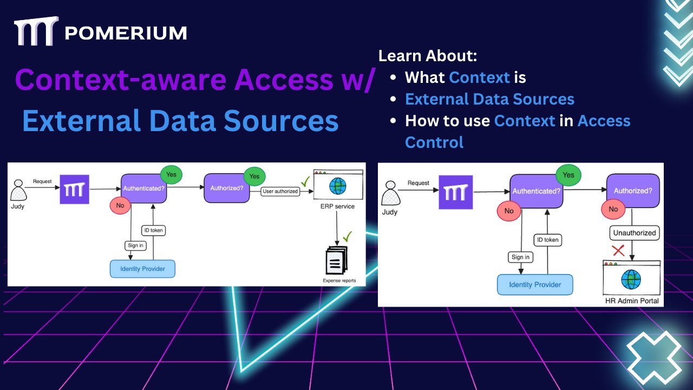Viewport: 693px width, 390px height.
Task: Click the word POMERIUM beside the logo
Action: point(126,33)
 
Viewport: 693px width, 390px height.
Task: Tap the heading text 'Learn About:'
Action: point(427,56)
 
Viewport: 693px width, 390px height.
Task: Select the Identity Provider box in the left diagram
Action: point(142,269)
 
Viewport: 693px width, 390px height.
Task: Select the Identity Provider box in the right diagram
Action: point(535,284)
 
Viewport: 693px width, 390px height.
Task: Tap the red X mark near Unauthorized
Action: point(618,250)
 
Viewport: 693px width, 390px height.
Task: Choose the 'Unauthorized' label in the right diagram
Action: point(634,233)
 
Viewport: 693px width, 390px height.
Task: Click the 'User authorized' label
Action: point(280,191)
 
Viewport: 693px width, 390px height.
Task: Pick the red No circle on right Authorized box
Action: point(613,209)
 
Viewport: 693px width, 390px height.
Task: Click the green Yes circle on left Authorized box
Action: point(254,176)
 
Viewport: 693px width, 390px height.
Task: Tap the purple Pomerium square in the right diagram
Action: point(455,192)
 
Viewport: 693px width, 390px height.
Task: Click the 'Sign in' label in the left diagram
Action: point(135,245)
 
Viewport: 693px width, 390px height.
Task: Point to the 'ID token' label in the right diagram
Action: point(547,239)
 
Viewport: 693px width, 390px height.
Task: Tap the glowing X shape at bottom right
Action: point(654,357)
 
